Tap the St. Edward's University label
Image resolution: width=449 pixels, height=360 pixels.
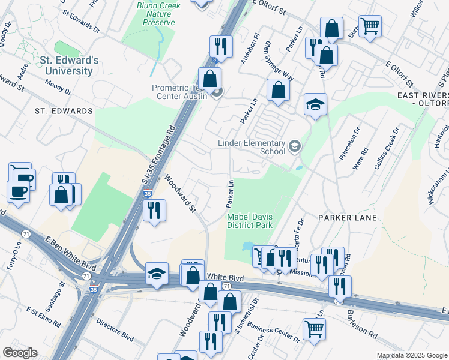pos(69,66)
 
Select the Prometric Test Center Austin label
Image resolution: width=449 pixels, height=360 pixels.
pos(179,92)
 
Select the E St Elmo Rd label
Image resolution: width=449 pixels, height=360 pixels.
pos(43,317)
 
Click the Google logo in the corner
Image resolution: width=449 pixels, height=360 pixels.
pos(19,353)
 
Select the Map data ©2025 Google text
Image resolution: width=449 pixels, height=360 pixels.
pos(411,355)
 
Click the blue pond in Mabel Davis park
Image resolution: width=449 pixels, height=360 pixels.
pos(248,247)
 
